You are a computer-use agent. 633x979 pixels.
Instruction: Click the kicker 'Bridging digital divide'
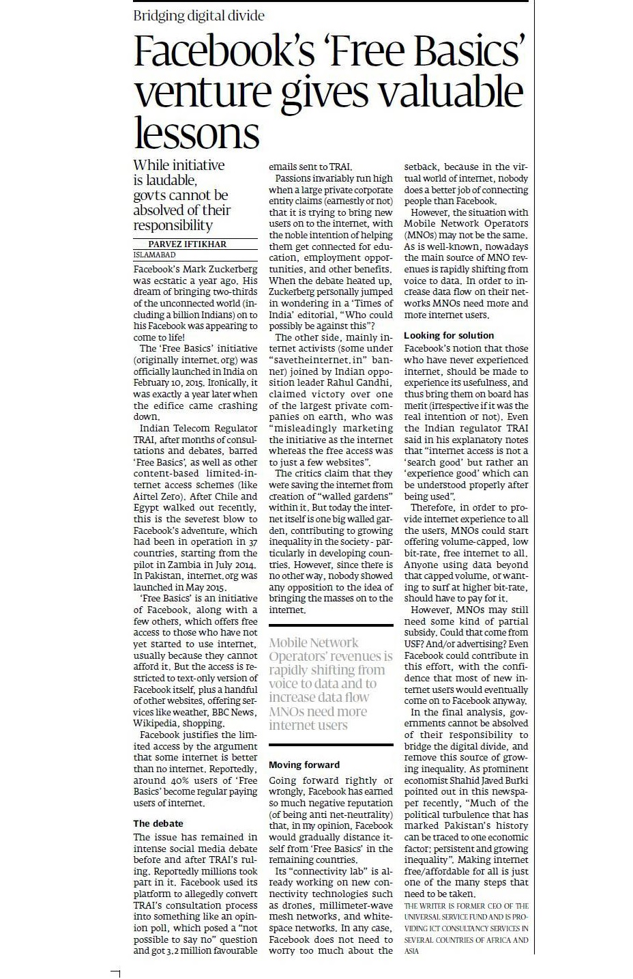(198, 16)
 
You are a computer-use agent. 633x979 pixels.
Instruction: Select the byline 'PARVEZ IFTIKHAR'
(187, 244)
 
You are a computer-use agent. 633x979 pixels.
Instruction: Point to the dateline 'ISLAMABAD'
(154, 255)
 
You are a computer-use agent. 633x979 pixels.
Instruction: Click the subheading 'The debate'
(158, 823)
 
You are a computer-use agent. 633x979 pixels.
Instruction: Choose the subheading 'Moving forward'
(304, 765)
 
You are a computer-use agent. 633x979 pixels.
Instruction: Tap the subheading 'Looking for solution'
(449, 335)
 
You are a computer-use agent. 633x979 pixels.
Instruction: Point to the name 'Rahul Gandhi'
(364, 382)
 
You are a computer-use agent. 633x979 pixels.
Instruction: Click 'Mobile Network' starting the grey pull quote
(313, 642)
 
